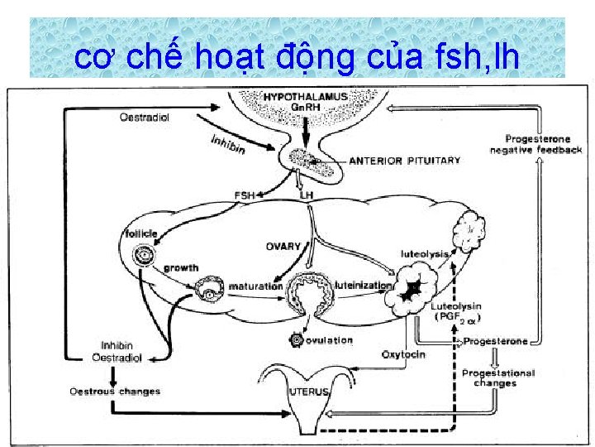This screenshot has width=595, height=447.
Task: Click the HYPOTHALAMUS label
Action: (306, 98)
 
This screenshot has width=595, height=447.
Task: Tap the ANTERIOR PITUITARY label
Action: (404, 161)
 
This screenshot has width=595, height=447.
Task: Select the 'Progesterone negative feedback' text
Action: (535, 144)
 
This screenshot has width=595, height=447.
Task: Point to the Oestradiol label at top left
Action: (145, 118)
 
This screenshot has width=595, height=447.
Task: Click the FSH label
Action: (245, 195)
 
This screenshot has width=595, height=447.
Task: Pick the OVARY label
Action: (283, 247)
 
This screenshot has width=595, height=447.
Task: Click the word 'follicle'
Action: (142, 233)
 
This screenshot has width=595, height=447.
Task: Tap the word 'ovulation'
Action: (329, 340)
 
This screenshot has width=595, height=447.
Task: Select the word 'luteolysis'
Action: (425, 253)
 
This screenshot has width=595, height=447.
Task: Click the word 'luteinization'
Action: (364, 285)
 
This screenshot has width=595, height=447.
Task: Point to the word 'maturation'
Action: (255, 286)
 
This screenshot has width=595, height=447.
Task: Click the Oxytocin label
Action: (403, 354)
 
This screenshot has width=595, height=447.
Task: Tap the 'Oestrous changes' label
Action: (115, 391)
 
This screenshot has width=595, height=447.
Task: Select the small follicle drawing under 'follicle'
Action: (147, 255)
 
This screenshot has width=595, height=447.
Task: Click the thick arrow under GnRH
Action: (305, 132)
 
